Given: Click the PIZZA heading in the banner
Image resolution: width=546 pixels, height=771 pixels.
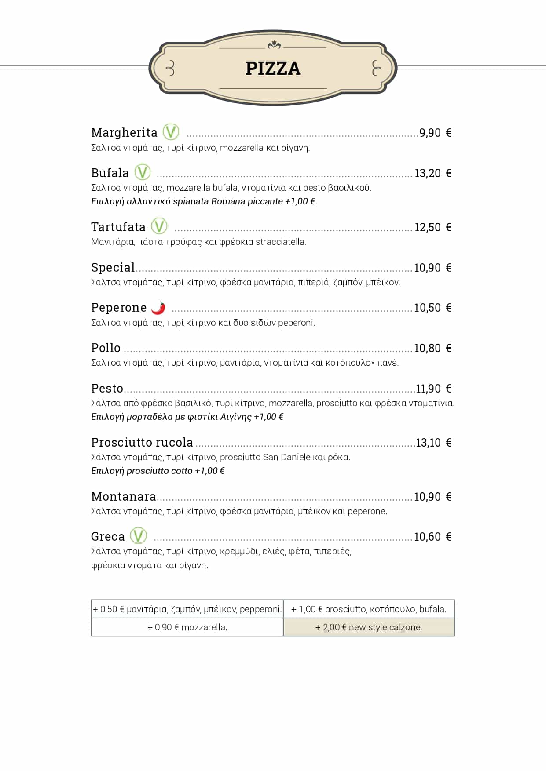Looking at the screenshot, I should (x=273, y=69).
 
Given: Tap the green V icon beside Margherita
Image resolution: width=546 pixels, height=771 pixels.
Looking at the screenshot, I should (x=171, y=132).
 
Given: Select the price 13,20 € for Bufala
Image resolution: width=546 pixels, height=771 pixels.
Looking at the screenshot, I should (x=432, y=173).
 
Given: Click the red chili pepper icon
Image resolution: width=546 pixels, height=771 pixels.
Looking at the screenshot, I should (x=158, y=308).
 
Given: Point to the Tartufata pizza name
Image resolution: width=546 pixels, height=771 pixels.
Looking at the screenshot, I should (x=118, y=227).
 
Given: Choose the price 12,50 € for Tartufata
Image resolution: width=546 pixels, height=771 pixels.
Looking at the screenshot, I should (x=432, y=227).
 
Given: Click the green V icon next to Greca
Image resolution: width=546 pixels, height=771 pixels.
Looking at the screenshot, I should (x=138, y=535).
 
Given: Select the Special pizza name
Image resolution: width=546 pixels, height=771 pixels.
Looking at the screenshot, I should (x=113, y=267).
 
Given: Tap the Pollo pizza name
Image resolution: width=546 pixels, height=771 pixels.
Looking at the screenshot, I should (x=106, y=348).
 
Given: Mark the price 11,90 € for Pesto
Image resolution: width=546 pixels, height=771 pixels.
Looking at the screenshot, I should (x=433, y=389).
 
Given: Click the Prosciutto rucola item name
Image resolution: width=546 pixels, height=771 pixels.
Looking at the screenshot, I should (x=142, y=442).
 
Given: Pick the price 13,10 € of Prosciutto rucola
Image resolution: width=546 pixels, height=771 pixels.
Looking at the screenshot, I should (x=433, y=443).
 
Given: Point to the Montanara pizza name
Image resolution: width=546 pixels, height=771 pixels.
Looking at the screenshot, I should (x=123, y=496).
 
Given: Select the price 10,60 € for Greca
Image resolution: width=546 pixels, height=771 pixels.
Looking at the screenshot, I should (x=432, y=537).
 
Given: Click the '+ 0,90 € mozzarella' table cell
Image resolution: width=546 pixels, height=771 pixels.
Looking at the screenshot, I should (x=187, y=627).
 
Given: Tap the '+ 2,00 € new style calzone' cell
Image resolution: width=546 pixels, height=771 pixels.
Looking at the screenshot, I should (x=369, y=627).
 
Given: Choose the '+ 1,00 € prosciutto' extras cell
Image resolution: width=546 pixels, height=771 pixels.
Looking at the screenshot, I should (x=369, y=609).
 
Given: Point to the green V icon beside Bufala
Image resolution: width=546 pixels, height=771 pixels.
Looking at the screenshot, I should (x=142, y=172).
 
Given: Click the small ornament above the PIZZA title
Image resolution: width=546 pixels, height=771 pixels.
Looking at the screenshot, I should (x=274, y=44).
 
